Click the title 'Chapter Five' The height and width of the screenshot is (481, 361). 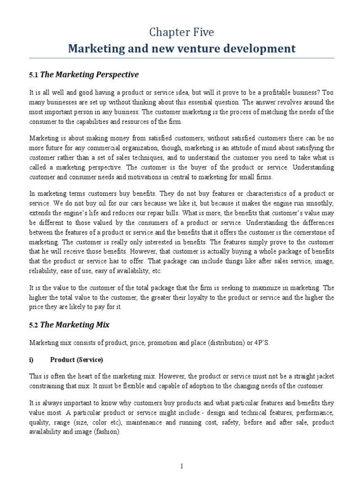click(181, 32)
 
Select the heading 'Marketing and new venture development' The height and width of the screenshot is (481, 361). click(181, 48)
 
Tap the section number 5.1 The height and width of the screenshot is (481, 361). click(34, 75)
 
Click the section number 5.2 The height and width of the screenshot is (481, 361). click(34, 324)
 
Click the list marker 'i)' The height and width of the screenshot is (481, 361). click(32, 360)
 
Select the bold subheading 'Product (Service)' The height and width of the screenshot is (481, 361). click(76, 360)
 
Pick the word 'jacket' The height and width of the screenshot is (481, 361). click(324, 377)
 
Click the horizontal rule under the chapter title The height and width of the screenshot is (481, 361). click(181, 58)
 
